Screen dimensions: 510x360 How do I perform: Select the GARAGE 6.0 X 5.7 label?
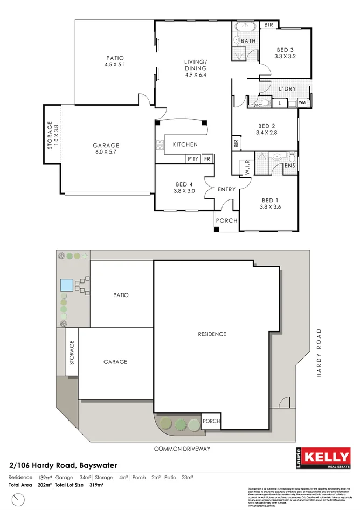[x=106, y=149]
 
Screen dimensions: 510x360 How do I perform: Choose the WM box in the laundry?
[x=302, y=102]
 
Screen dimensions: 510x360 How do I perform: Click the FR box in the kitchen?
[x=207, y=158]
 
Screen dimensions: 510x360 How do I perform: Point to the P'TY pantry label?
[x=192, y=158]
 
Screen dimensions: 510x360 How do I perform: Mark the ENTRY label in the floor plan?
[x=226, y=189]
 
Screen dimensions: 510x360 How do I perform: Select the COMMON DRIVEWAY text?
[x=182, y=449]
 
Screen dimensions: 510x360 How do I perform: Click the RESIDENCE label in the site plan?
[x=212, y=334]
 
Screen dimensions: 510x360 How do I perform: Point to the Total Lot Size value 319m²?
[x=96, y=486]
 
